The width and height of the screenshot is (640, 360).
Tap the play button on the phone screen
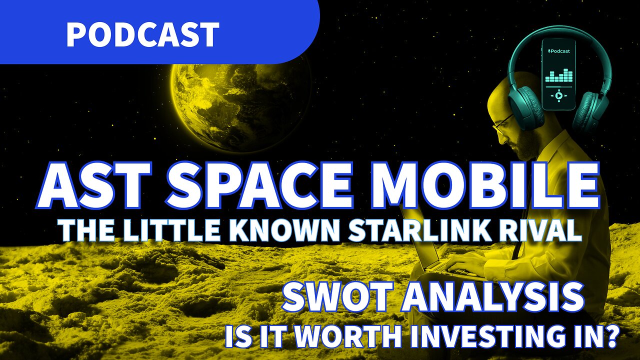[559, 95]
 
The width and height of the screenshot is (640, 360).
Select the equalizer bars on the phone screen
[559, 76]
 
